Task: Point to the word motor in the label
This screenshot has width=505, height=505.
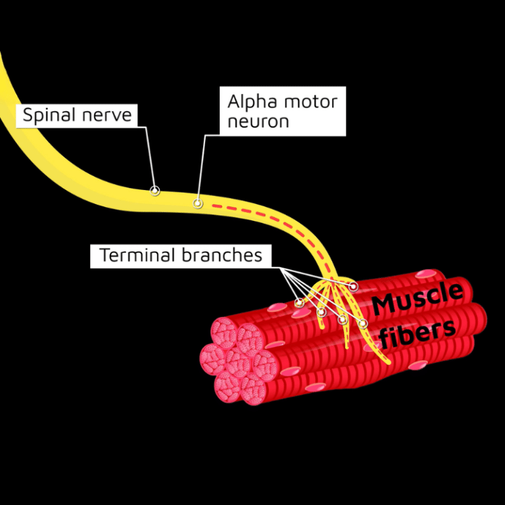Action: coord(309,102)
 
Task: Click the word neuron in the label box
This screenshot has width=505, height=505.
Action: coord(258,122)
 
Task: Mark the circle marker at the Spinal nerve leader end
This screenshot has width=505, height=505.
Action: coord(155,191)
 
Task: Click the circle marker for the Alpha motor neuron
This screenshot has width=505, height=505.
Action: coord(197,204)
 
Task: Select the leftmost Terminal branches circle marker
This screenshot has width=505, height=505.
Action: coord(300,303)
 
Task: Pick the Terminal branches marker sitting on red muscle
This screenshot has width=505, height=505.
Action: coord(354,286)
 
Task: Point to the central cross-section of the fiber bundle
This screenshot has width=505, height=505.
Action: coord(235,360)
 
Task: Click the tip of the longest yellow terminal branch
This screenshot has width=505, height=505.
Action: coord(388,361)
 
